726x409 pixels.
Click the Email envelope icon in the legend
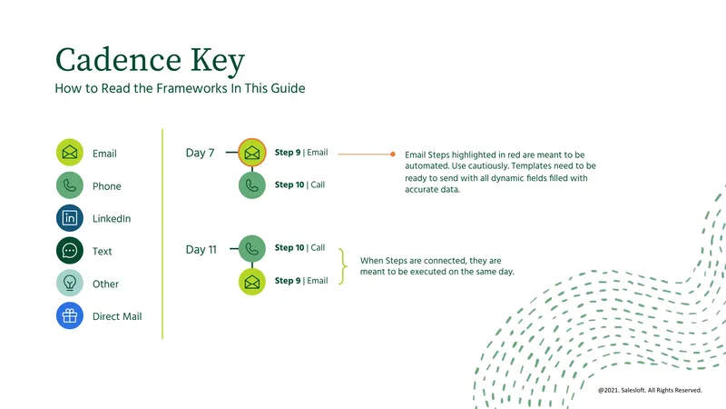click(70, 152)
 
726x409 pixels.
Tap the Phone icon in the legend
click(70, 185)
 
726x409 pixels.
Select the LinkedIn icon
click(70, 218)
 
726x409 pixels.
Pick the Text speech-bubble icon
click(70, 251)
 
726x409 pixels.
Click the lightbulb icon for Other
click(70, 283)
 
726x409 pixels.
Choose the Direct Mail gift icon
click(70, 315)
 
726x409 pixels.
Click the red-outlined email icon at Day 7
click(252, 152)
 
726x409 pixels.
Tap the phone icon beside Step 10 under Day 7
click(252, 185)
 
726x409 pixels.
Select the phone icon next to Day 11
click(252, 248)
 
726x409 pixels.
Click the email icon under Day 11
click(252, 282)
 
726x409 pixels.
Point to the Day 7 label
click(200, 153)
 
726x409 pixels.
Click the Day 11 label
click(201, 249)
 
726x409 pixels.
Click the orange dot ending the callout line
click(393, 154)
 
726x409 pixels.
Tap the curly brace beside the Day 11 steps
click(344, 266)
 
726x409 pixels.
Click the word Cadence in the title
click(118, 60)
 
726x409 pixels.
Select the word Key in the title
click(217, 61)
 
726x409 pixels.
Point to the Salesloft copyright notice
click(650, 390)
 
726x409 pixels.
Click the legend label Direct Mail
click(117, 316)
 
